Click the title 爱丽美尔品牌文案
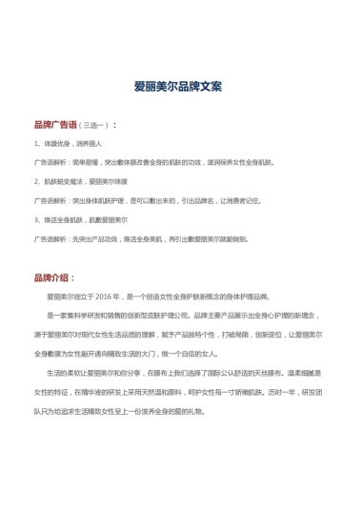(181, 85)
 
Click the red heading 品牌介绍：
(53, 278)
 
